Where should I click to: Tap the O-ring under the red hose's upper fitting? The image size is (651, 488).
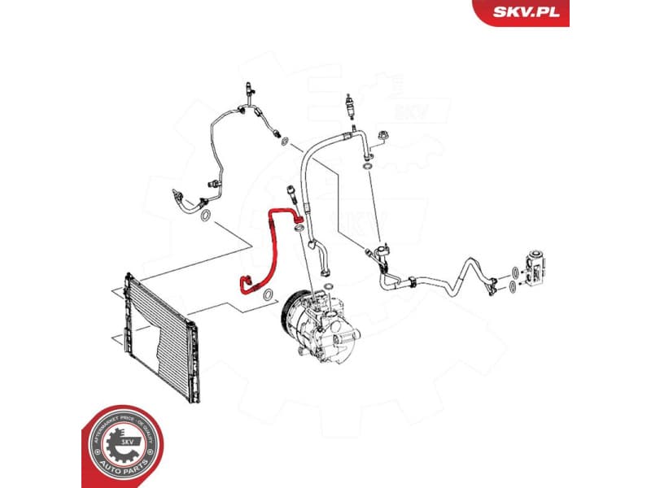click(299, 230)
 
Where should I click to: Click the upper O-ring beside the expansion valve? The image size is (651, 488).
click(515, 270)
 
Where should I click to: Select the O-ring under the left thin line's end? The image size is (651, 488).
click(207, 216)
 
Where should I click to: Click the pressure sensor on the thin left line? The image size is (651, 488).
click(212, 186)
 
